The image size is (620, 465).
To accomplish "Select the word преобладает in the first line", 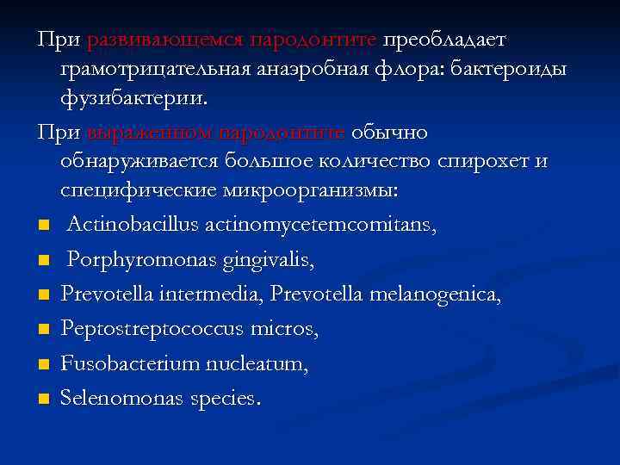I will tap(445, 40).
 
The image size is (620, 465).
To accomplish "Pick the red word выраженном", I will tap(149, 133).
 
